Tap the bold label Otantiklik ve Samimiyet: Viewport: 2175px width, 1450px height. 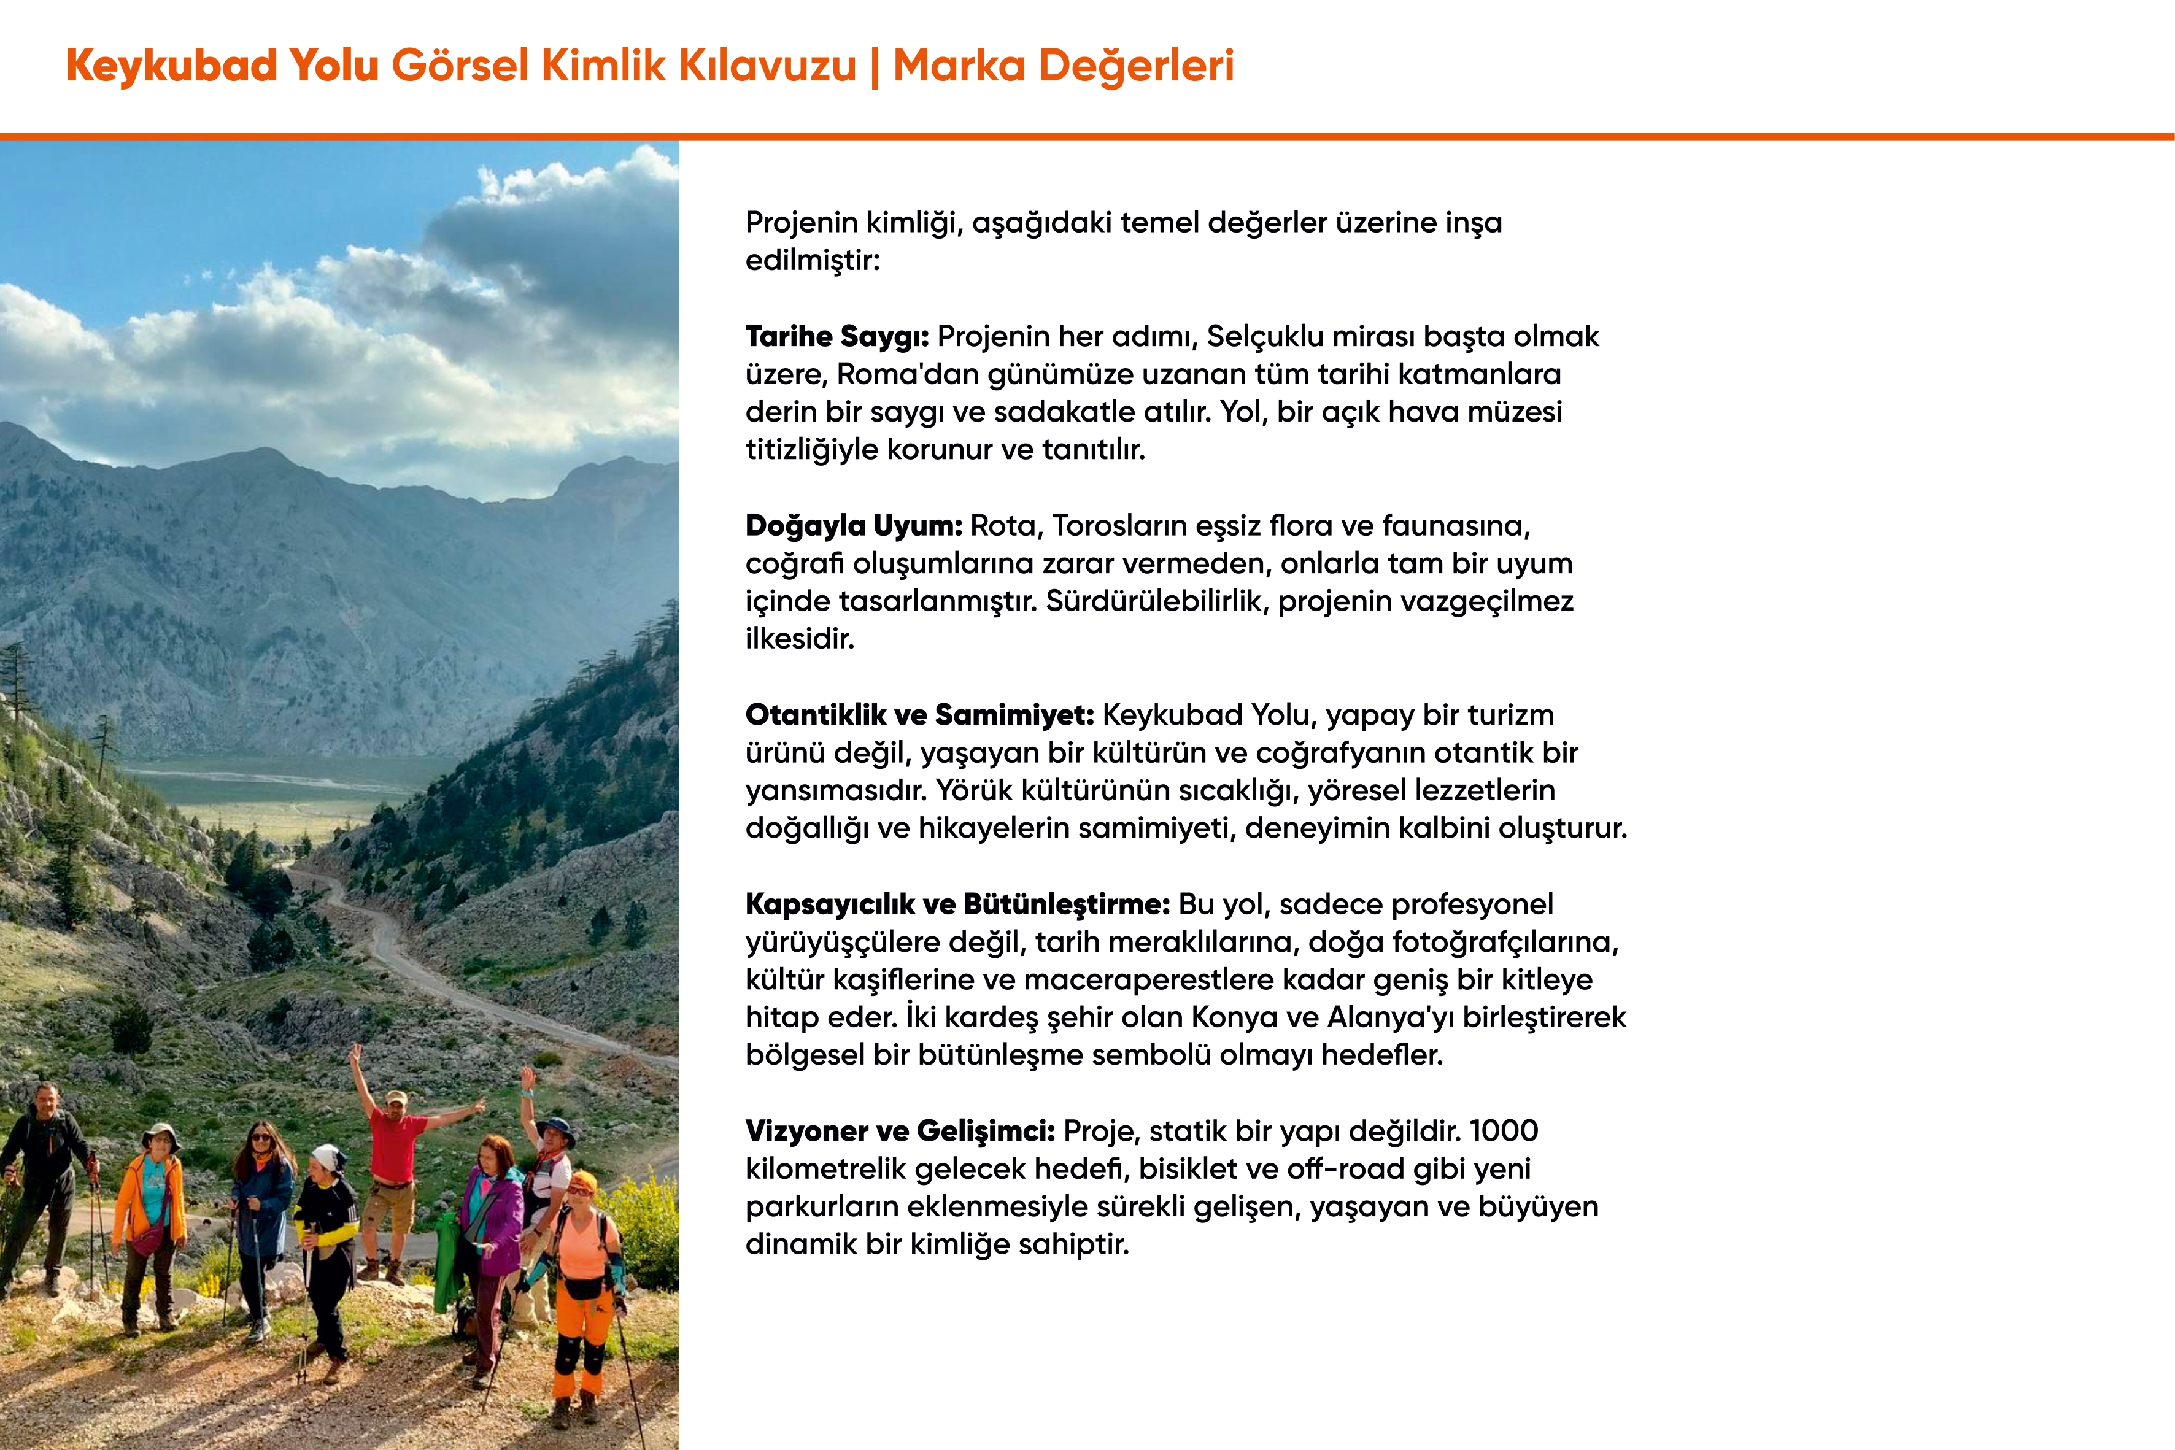click(919, 715)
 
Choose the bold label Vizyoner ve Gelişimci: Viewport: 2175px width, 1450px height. click(900, 1131)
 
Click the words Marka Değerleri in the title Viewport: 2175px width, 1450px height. click(1064, 66)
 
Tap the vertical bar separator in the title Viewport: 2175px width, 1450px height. click(875, 66)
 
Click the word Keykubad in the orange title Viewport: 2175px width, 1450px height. click(172, 66)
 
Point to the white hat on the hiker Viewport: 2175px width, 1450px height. click(326, 1157)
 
